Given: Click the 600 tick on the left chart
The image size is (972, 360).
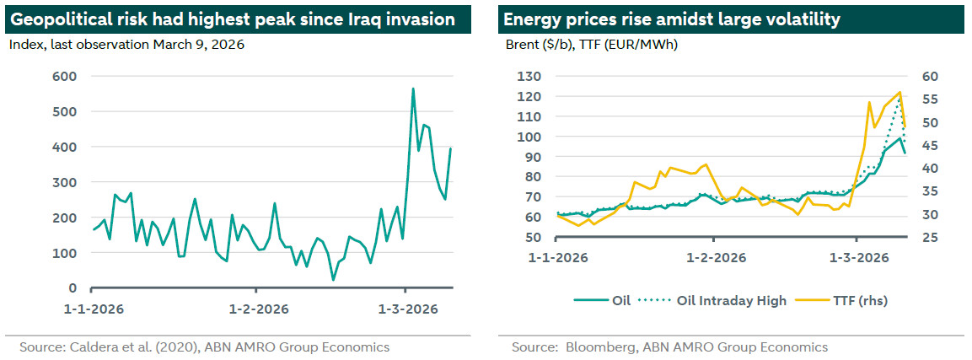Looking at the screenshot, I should click(x=65, y=76).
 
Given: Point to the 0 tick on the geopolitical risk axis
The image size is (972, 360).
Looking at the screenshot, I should click(x=72, y=288).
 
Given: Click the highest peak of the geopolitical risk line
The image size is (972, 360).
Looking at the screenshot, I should click(x=413, y=89).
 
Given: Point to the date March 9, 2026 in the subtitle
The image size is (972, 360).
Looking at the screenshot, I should click(x=198, y=45).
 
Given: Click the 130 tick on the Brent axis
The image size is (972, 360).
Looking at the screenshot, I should click(x=527, y=76).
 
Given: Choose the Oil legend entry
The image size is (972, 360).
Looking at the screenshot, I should click(x=621, y=299).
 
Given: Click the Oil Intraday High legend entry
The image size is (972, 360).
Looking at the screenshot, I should click(x=730, y=299).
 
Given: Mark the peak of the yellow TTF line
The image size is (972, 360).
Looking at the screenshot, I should click(x=900, y=92).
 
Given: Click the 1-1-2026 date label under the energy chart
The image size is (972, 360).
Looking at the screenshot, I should click(x=558, y=257).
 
